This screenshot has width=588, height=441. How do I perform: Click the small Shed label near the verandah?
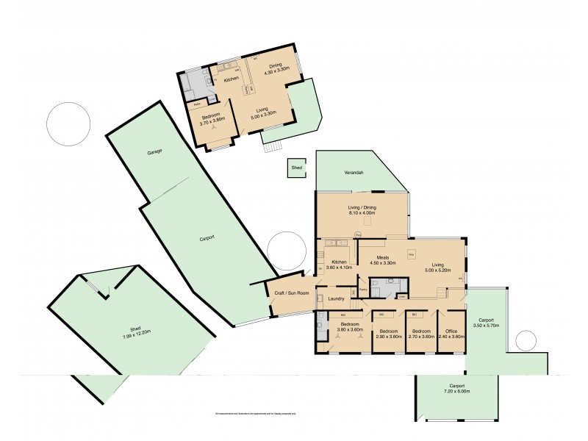pyautogui.click(x=296, y=168)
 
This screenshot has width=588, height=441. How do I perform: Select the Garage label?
pyautogui.click(x=154, y=151)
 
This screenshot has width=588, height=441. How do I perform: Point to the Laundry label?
pyautogui.click(x=337, y=298)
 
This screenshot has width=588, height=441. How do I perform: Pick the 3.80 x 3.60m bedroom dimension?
pyautogui.click(x=350, y=330)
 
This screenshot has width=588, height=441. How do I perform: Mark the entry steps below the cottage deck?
pyautogui.click(x=273, y=146)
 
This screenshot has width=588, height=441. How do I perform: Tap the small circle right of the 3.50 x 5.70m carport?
pyautogui.click(x=526, y=340)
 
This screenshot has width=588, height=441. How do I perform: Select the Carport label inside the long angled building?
pyautogui.click(x=207, y=239)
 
